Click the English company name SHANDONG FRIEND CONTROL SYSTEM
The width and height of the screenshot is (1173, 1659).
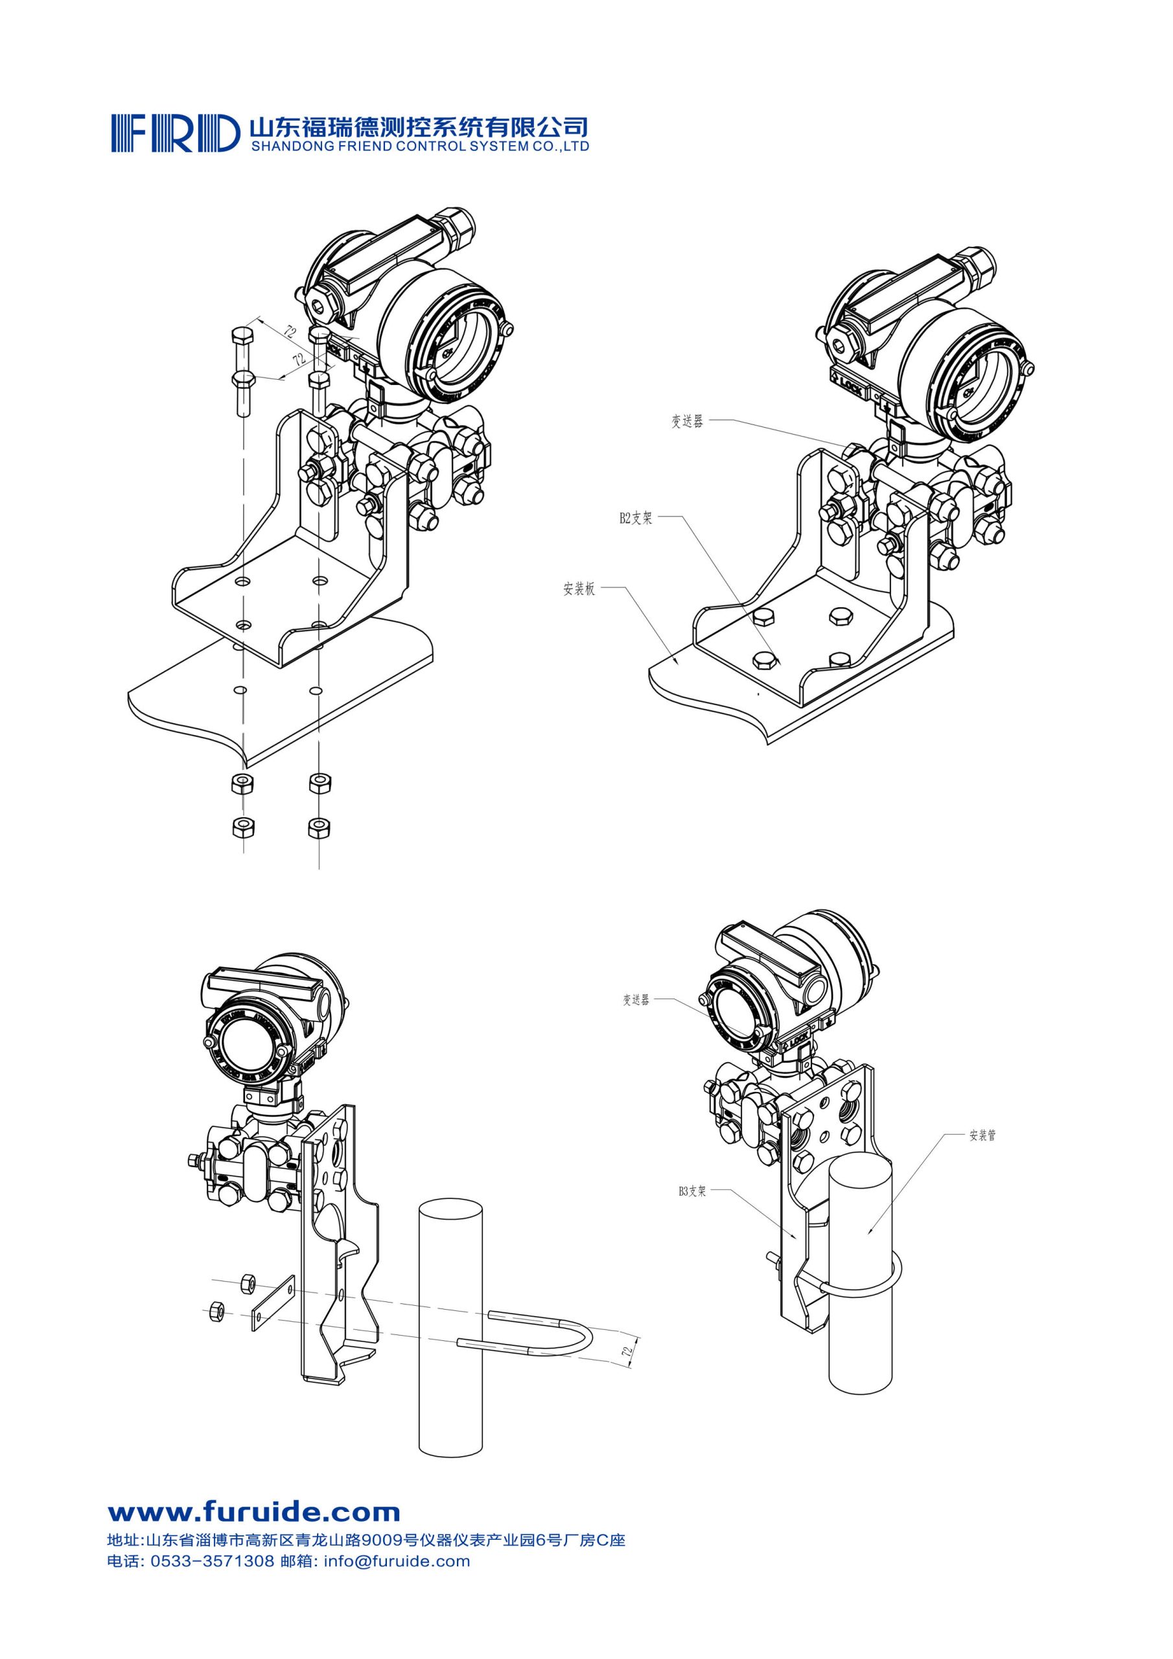(x=419, y=146)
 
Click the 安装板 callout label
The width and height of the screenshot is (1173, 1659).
(x=579, y=589)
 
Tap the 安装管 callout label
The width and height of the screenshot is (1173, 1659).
(x=982, y=1135)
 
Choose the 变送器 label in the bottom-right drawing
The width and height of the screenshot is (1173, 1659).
(x=636, y=1000)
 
